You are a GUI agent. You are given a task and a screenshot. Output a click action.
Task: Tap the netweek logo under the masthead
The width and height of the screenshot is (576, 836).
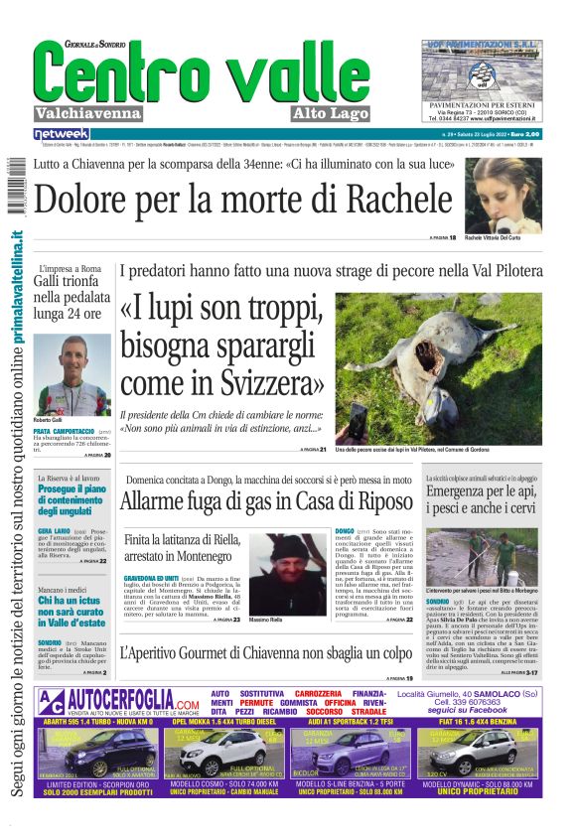pos(62,133)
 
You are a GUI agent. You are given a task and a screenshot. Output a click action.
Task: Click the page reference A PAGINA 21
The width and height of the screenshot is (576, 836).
pos(313,451)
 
